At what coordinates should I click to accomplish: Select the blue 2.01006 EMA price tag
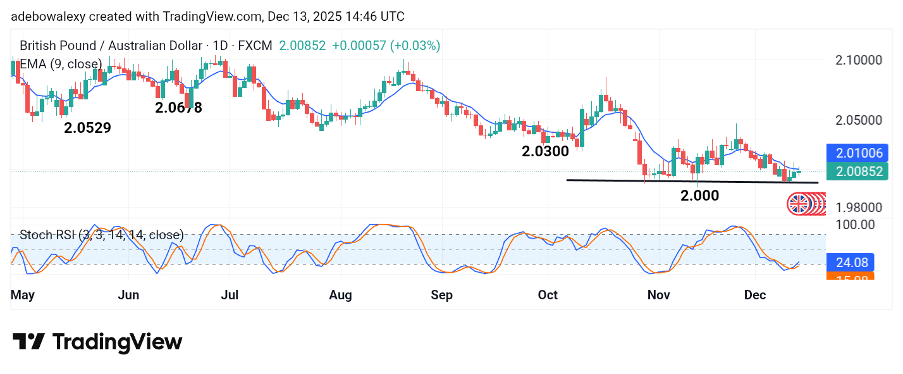[x=857, y=153]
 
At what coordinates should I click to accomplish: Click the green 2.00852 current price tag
[x=857, y=171]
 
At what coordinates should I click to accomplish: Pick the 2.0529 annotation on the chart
[x=87, y=128]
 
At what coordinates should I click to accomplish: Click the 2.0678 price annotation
[x=178, y=108]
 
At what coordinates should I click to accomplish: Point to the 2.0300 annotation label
[x=545, y=151]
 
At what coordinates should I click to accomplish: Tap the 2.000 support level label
[x=699, y=196]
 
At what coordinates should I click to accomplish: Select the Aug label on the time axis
[x=341, y=295]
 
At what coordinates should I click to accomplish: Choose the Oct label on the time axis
[x=548, y=295]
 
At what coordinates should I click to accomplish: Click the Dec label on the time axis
[x=756, y=295]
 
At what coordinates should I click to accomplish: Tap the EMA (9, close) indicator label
[x=61, y=64]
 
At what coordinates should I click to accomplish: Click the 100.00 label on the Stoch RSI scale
[x=855, y=224]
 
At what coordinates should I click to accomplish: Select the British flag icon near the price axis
[x=799, y=204]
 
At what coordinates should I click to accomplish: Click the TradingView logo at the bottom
[x=97, y=342]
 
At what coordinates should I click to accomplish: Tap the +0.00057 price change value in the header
[x=359, y=46]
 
